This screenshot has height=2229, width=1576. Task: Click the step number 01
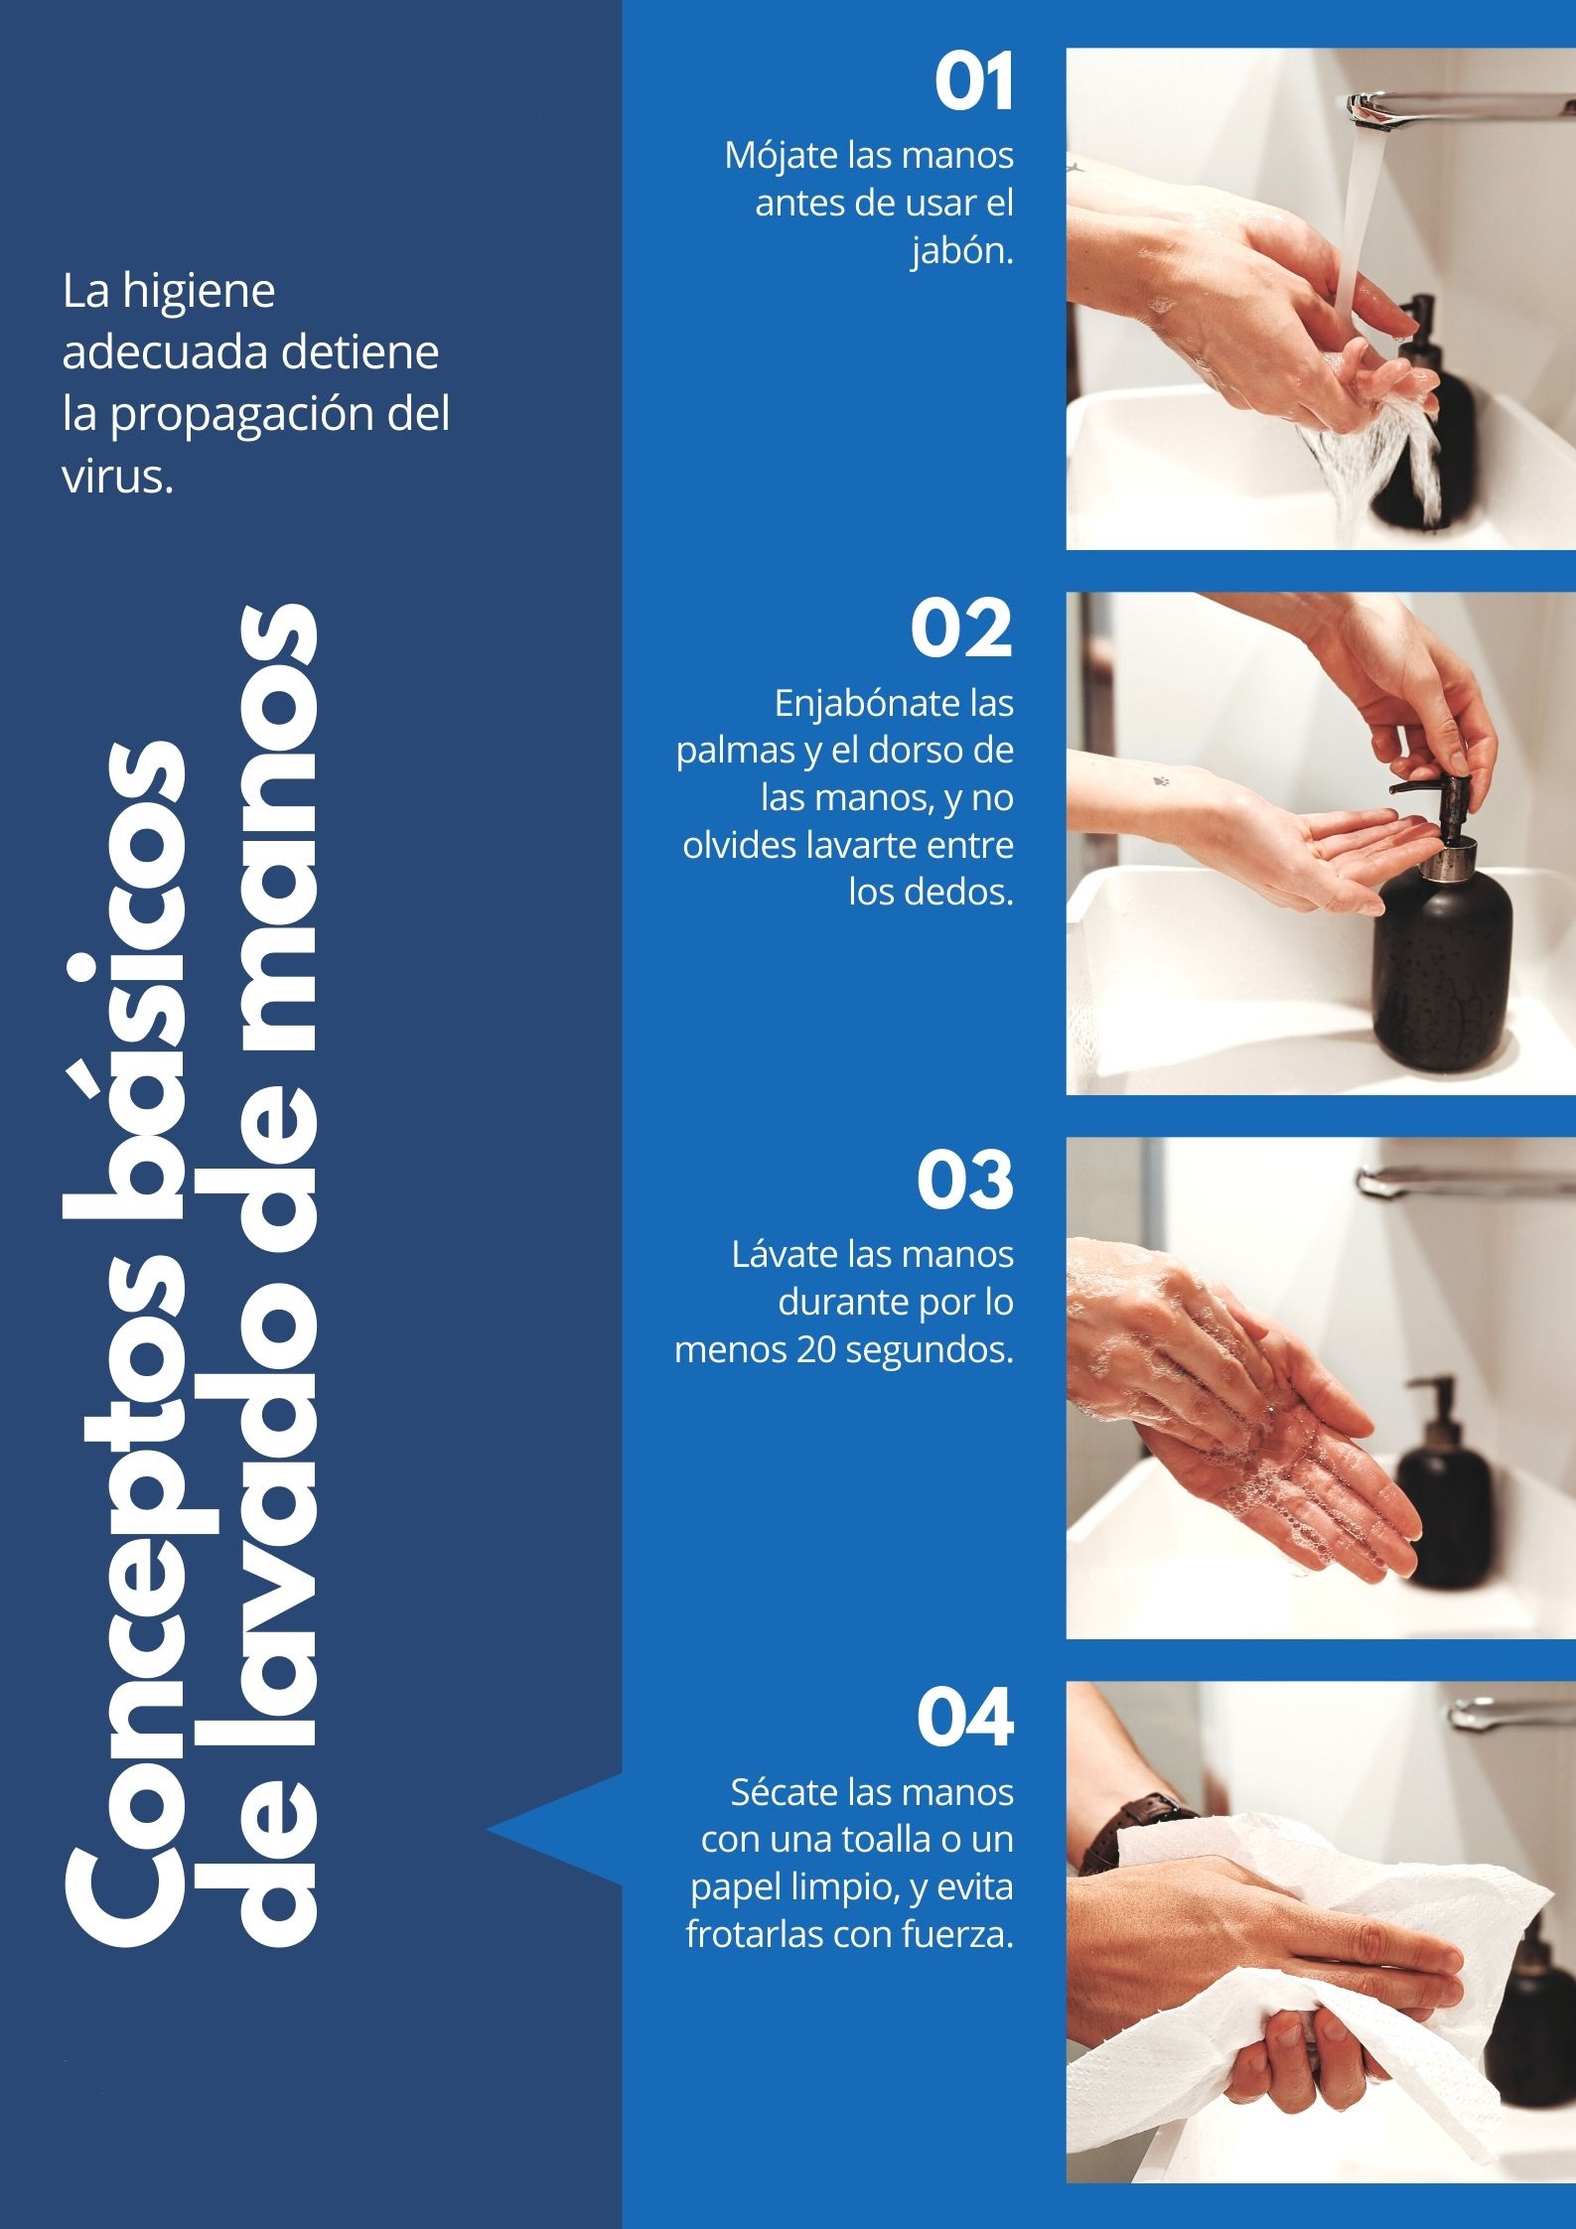tap(973, 82)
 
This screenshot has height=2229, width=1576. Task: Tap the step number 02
tap(961, 628)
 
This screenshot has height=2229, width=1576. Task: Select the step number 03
tap(964, 1180)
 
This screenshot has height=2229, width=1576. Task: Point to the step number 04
tap(964, 1718)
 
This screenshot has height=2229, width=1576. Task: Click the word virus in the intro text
tap(117, 477)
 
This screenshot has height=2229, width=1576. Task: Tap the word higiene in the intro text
tap(199, 292)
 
